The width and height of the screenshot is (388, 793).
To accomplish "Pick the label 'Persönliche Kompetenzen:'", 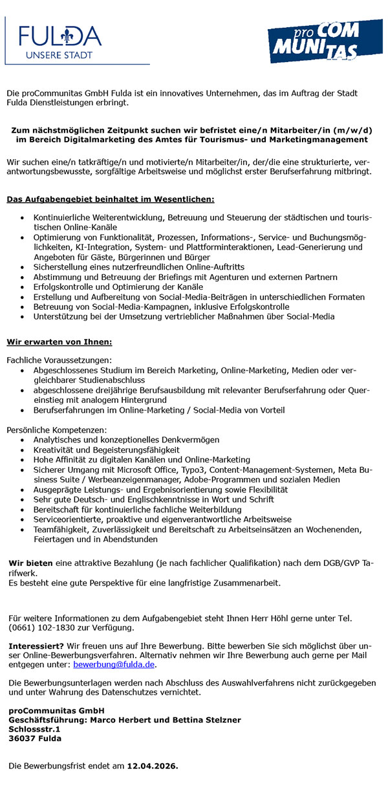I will (x=57, y=429).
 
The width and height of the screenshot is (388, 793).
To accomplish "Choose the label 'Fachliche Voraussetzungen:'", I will (x=59, y=360).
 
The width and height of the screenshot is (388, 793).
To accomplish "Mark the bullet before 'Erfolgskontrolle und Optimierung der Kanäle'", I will (x=24, y=287).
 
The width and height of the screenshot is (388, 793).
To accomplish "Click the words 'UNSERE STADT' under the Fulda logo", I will (x=59, y=56).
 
